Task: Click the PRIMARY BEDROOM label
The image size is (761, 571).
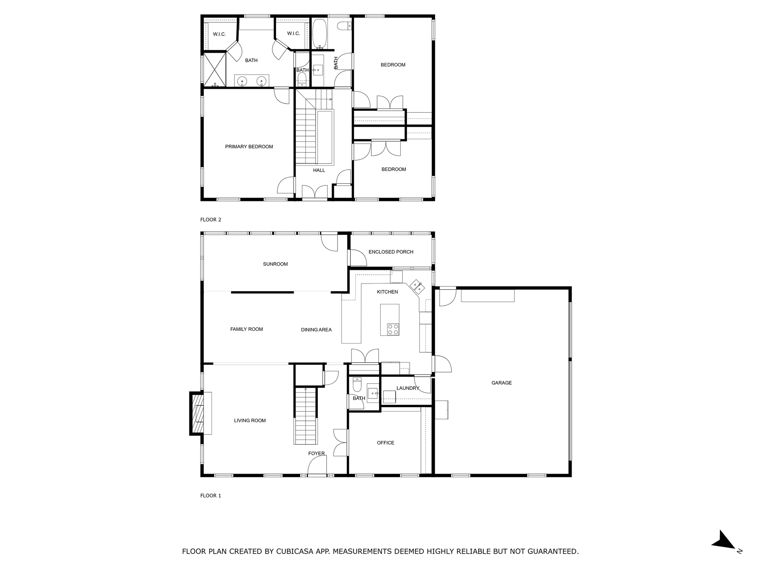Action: coord(249,146)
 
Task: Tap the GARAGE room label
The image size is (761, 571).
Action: coord(501,383)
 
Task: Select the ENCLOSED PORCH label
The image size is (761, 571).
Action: coord(391,252)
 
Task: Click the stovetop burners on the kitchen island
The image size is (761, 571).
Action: coord(393,329)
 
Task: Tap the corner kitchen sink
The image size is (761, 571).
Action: coord(417,287)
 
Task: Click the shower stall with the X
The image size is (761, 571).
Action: coord(214,70)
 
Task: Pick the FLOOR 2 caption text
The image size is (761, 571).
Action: coord(210,220)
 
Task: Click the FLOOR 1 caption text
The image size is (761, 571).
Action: coord(210,496)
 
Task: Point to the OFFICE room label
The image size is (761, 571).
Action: coord(385,443)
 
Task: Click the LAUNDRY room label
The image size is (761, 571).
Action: coord(408,388)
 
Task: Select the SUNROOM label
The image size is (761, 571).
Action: coord(275,264)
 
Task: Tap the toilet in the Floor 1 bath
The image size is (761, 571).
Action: coord(357,385)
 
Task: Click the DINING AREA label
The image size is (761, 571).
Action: coord(316,329)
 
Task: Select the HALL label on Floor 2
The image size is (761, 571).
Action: coord(319,170)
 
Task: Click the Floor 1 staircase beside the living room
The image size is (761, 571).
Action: coord(305,416)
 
